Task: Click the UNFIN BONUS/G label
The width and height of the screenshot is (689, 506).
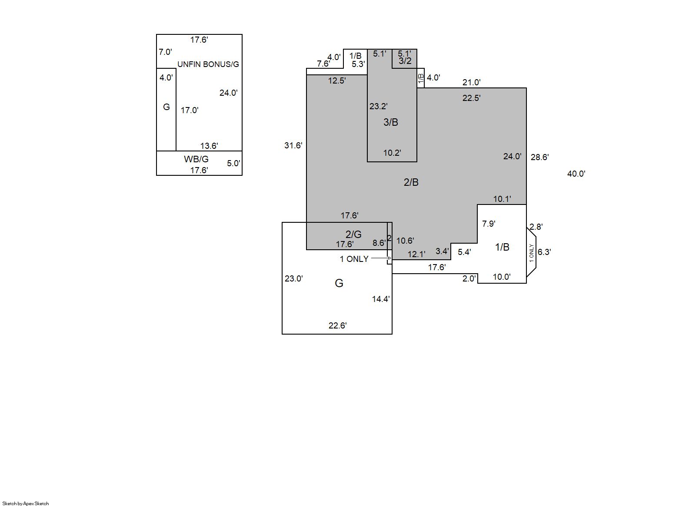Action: (208, 64)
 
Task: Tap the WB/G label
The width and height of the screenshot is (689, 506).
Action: (196, 159)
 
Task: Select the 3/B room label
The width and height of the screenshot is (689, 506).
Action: (391, 122)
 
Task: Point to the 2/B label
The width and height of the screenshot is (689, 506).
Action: (411, 182)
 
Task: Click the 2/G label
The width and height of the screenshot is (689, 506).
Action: (353, 234)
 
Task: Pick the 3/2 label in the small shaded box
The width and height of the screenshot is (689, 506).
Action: (405, 61)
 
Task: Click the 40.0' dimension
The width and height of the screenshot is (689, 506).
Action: (576, 174)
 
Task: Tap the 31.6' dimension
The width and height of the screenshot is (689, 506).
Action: (293, 145)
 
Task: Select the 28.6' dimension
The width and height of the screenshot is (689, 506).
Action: (539, 157)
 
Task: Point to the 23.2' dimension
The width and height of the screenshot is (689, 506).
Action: (378, 106)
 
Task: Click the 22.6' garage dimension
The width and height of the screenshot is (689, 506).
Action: (337, 325)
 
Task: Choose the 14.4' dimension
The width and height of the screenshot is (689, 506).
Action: (381, 299)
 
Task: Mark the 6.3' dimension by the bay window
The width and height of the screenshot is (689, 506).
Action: (544, 252)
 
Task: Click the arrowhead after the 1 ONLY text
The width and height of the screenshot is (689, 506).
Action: (389, 258)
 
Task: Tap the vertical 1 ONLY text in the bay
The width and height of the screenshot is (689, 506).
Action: (532, 253)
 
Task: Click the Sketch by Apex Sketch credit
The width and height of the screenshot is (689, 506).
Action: (26, 503)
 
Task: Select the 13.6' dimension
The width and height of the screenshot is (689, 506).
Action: (209, 146)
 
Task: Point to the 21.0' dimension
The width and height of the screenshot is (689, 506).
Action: (471, 82)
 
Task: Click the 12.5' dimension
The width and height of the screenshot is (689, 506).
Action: (337, 80)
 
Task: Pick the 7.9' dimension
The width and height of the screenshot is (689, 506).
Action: (489, 224)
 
